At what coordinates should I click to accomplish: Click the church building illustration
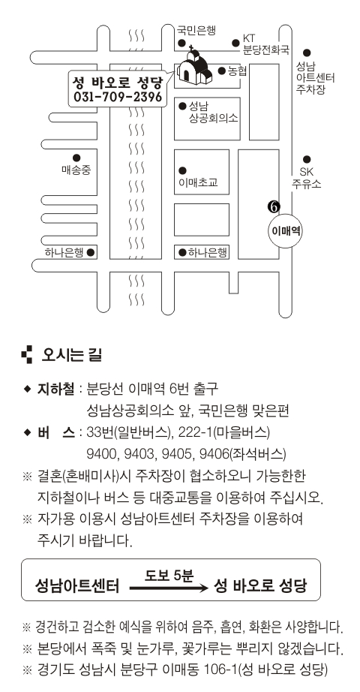point(193,67)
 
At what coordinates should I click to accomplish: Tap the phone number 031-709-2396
point(118,97)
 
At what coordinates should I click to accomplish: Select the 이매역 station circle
point(286,230)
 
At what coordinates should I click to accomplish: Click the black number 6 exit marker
point(274,206)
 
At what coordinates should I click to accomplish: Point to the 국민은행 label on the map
point(196,31)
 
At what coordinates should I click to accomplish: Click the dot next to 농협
point(222,71)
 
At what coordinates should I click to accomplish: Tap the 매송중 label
point(76,170)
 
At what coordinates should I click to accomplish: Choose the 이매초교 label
point(198,182)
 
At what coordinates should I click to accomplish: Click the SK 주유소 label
point(306,178)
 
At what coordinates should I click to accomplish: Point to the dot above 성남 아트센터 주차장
point(307,52)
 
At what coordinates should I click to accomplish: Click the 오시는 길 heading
point(71,355)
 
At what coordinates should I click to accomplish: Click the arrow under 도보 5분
point(169,588)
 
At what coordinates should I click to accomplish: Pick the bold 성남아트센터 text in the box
point(77,586)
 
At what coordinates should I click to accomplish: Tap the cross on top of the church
point(191,47)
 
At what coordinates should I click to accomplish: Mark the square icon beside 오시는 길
point(27,355)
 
